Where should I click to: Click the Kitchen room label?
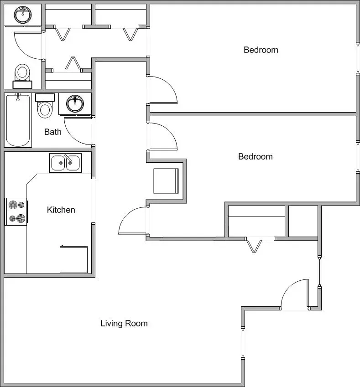tap(61, 210)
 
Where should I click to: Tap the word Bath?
tap(53, 132)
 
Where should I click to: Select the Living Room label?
tap(124, 324)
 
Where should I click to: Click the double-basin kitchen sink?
tap(66, 163)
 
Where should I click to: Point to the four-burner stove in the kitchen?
tap(16, 212)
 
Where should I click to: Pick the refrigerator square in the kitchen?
tap(73, 259)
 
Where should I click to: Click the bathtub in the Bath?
tap(18, 120)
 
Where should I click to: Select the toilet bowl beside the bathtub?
tap(44, 110)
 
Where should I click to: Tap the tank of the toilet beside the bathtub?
tap(45, 97)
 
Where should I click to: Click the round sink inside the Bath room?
tap(74, 104)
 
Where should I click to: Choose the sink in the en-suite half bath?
tap(22, 15)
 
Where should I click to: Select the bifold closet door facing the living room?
tap(253, 245)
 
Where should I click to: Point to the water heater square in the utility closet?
tap(166, 181)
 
